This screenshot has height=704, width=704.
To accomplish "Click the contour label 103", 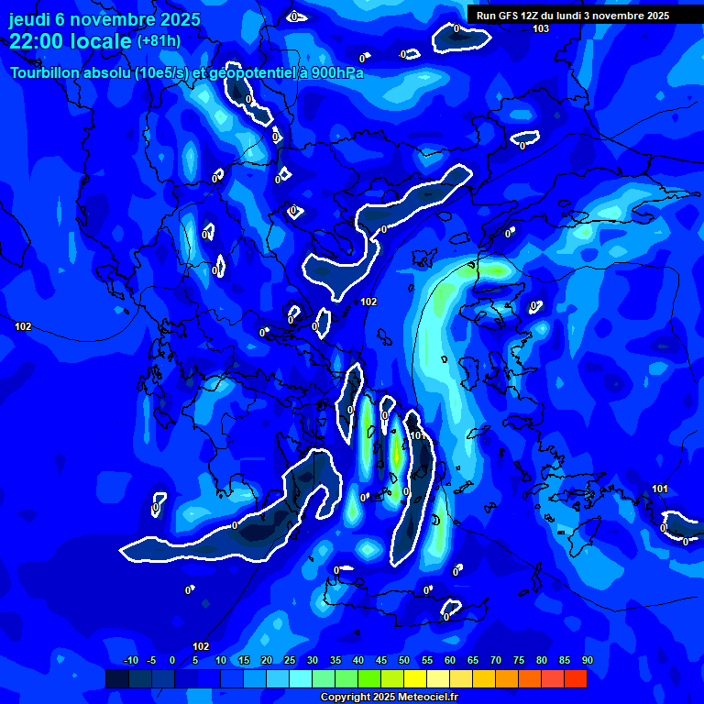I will pos(541,29).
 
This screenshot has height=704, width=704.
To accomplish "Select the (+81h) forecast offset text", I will pos(159,41).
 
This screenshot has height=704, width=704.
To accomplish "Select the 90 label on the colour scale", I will pos(587,660).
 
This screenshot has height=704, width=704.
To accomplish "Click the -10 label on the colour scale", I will pos(129,660).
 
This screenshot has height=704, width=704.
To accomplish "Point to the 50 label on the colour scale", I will pos(403,660).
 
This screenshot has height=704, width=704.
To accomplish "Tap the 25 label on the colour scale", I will pos(289,660).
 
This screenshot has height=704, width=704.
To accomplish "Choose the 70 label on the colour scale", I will pos(495,660).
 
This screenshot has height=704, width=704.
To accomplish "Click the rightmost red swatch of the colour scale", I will pos(575,678).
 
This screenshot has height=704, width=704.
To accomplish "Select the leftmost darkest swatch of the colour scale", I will pos(116,678).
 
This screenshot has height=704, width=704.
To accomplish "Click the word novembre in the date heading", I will pos(113,19).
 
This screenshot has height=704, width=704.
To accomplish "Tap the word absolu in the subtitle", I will pos(106,72).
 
